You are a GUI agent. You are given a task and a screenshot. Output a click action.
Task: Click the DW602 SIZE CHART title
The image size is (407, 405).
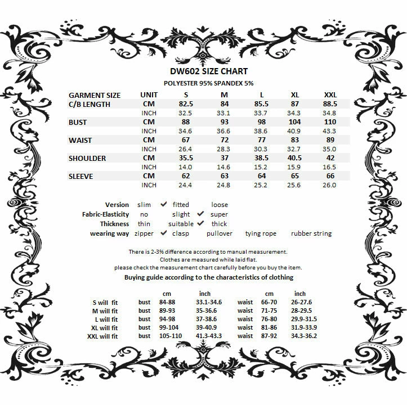[203, 71]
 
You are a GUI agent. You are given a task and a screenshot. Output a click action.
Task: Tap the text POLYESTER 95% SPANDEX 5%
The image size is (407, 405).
[203, 83]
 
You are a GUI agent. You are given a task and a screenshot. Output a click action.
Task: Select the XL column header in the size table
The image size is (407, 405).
[294, 95]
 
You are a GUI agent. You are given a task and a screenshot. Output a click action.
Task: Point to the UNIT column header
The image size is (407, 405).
[149, 95]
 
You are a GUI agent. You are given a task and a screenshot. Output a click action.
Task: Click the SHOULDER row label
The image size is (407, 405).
[87, 158]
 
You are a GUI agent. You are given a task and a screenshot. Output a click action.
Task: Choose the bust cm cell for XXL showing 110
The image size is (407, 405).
[330, 122]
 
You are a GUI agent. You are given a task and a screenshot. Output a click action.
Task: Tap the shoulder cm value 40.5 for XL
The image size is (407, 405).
[294, 158]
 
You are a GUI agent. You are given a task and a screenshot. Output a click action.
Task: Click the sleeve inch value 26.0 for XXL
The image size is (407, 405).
[330, 185]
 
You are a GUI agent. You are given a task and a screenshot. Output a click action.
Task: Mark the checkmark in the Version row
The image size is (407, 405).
[163, 204]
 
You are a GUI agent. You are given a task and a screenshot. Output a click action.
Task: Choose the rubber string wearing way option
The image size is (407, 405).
[311, 233]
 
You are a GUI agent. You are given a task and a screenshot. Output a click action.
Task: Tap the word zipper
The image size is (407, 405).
[144, 233]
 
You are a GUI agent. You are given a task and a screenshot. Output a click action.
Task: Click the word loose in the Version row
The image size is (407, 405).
[220, 205]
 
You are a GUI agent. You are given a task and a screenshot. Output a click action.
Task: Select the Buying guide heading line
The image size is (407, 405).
[208, 277]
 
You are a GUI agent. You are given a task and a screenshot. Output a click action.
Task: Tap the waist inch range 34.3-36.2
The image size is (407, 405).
[304, 336]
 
